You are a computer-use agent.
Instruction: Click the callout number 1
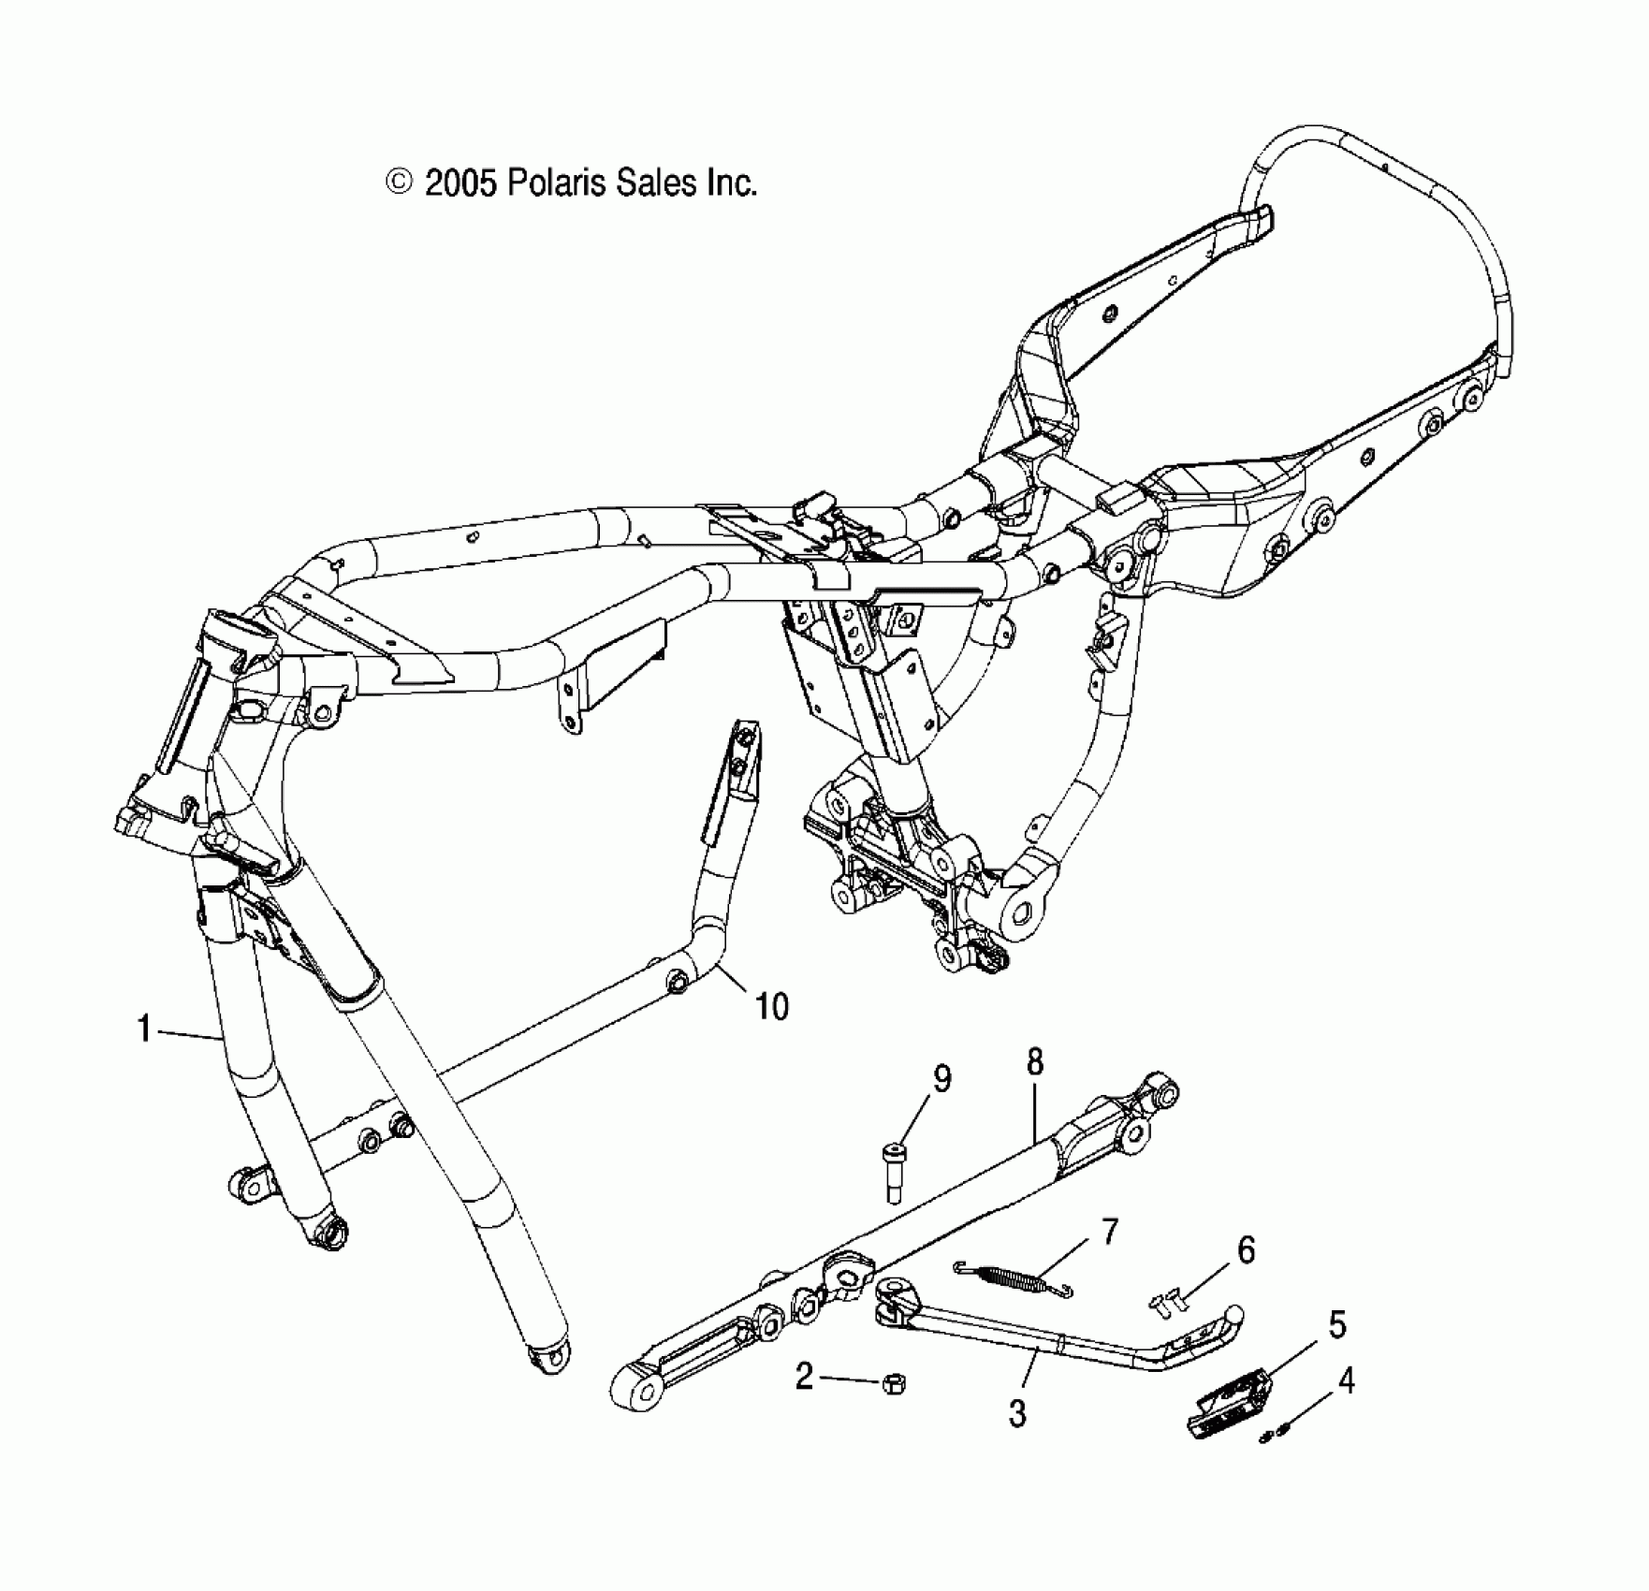tap(143, 1029)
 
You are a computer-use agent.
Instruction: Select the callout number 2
tap(804, 1377)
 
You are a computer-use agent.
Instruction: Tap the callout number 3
tap(1017, 1414)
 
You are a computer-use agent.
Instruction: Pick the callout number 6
tap(1246, 1249)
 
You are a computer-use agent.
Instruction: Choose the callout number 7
tap(1109, 1232)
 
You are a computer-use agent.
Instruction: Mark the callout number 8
tap(1034, 1061)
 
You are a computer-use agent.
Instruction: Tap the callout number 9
tap(941, 1079)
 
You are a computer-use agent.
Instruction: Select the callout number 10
tap(772, 1007)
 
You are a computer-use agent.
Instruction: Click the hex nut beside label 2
tap(893, 1383)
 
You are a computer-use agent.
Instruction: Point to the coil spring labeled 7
tap(1011, 1277)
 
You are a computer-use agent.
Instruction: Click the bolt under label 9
tap(894, 1170)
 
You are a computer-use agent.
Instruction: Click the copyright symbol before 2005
tap(400, 182)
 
